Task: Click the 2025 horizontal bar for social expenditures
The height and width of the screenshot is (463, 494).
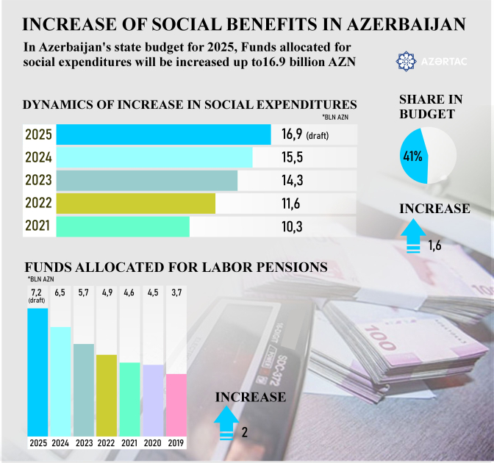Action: coord(163,135)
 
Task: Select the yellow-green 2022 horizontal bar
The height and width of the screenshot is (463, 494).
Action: coord(135,204)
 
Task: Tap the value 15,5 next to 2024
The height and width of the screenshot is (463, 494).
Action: coord(292,158)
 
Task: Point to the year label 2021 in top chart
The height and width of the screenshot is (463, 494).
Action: coord(37,226)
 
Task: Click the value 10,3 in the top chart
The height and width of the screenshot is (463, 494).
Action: coord(292,226)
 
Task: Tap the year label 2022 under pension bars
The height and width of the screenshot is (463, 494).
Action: coord(106,443)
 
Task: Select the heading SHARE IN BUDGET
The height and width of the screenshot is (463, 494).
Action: coord(426,107)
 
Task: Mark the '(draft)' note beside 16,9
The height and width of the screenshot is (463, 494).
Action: coord(318,136)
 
